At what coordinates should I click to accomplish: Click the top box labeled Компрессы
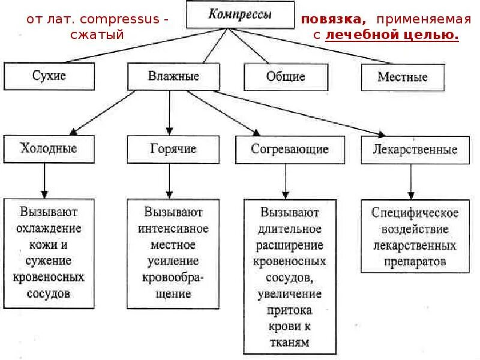239,14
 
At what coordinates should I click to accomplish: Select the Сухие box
49,76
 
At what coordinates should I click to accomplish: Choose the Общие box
286,77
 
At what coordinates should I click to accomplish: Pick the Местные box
402,77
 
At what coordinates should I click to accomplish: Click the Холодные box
49,149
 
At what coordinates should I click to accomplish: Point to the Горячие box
173,149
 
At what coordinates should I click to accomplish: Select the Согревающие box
290,149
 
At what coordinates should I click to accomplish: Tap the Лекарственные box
410,149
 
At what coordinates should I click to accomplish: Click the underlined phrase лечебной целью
392,35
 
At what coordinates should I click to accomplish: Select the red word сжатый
97,35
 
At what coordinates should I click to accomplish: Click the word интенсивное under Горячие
173,229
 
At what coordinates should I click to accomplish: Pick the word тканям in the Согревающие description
290,343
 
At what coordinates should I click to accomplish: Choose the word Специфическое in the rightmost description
415,212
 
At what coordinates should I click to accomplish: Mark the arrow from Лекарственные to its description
410,181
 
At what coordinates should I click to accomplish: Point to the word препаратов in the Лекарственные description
415,262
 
